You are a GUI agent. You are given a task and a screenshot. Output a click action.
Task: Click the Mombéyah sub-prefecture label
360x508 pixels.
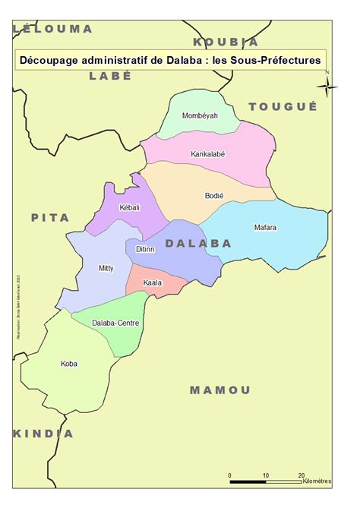(x=200, y=116)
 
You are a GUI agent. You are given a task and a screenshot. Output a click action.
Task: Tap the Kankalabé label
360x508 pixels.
(x=207, y=154)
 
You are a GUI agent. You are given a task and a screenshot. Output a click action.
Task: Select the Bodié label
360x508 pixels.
(x=214, y=196)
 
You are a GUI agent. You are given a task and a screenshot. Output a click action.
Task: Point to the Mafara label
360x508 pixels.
(x=265, y=227)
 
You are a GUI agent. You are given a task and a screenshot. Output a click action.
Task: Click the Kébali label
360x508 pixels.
(x=130, y=207)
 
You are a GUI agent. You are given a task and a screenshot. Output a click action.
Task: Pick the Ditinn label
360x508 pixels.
(x=146, y=249)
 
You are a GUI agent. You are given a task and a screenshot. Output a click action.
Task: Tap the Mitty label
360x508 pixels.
(x=106, y=268)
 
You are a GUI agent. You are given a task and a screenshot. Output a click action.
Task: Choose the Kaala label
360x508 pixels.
(x=152, y=283)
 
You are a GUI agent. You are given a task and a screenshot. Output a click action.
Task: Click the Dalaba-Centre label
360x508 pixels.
(x=115, y=323)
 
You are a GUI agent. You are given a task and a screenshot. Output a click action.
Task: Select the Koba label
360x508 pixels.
(x=68, y=364)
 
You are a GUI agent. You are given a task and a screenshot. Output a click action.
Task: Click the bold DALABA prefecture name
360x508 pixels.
(x=198, y=243)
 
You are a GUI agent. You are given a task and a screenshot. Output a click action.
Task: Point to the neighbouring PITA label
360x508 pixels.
(x=50, y=217)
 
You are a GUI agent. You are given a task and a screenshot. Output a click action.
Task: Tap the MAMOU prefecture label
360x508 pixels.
(x=219, y=390)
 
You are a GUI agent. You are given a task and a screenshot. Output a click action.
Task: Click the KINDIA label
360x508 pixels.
(x=43, y=434)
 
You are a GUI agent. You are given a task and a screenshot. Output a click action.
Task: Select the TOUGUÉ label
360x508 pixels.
(x=283, y=106)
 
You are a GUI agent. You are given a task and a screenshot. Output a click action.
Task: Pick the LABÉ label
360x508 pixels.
(x=110, y=75)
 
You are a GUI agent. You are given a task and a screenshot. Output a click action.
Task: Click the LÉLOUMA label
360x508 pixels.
(x=53, y=29)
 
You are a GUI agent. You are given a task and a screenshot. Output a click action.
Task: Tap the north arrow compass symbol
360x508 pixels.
(x=327, y=86)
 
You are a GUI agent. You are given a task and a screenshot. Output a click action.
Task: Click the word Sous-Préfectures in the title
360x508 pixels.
(x=276, y=58)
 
